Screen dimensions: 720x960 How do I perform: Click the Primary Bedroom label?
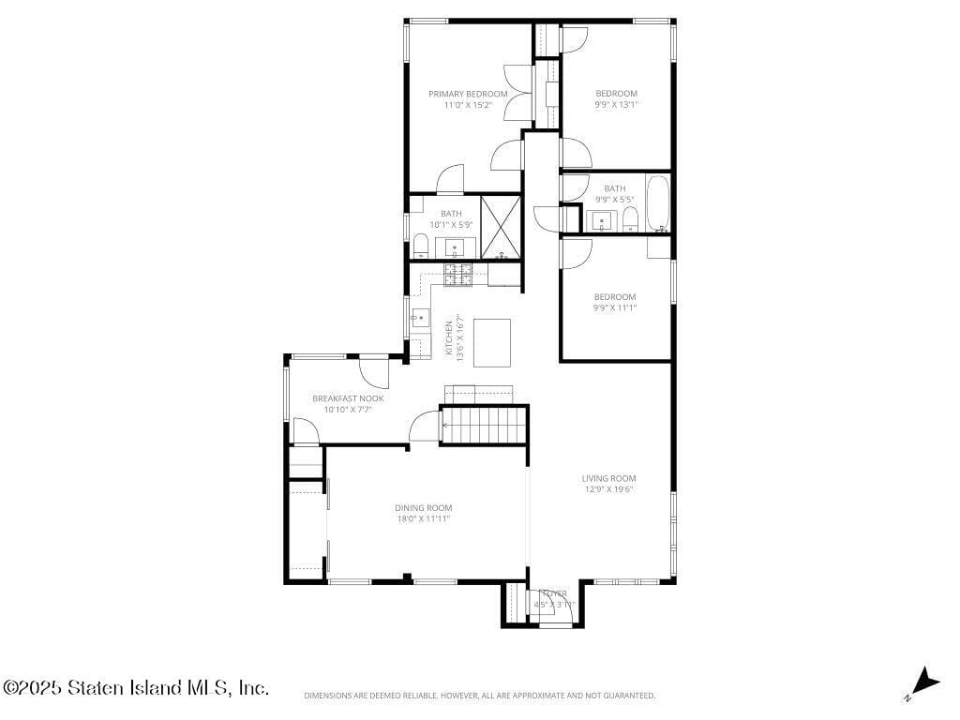(468, 94)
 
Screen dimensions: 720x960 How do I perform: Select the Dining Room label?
(423, 507)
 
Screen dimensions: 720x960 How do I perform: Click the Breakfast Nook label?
(348, 398)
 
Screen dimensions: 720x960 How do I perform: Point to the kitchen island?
(492, 342)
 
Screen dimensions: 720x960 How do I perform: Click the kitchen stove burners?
(458, 274)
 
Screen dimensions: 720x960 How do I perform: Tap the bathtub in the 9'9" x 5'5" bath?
(658, 203)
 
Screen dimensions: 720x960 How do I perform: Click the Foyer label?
(554, 593)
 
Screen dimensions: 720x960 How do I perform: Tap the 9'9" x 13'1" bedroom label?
(616, 94)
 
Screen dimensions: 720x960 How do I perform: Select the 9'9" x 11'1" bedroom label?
(614, 297)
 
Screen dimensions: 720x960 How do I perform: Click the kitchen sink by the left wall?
(419, 318)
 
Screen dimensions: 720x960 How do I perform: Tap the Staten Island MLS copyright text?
(136, 687)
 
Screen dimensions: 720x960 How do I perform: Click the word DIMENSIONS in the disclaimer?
(327, 696)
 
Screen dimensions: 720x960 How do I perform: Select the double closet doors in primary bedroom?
(517, 94)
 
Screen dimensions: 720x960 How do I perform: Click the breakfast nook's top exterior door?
(375, 371)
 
